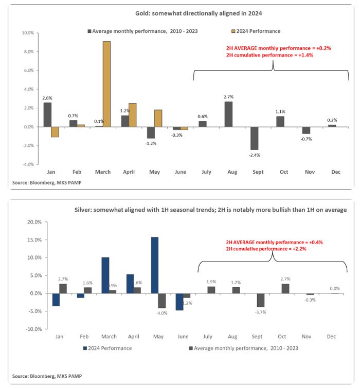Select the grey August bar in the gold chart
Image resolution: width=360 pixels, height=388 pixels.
228,114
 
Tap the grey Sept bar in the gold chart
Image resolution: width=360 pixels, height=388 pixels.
254,138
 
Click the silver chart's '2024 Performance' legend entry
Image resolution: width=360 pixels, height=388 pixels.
108,348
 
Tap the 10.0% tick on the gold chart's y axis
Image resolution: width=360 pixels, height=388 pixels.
26,33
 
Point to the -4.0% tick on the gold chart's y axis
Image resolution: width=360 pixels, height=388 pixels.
26,164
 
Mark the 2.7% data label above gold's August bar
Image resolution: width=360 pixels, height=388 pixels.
228,96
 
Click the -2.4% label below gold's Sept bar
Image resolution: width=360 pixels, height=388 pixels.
254,155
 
